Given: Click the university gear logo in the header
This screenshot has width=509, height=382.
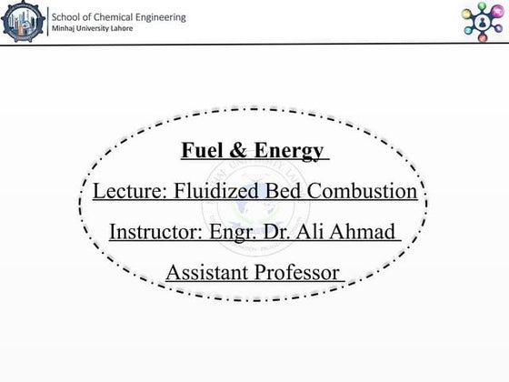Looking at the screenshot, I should coord(23,23).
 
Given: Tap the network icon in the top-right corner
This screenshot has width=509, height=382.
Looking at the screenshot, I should coord(482,20).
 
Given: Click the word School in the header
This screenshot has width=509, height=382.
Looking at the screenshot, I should coord(66,16).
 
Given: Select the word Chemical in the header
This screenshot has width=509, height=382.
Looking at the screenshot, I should coord(117,16).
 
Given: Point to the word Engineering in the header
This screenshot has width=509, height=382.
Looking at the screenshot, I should coord(164,16).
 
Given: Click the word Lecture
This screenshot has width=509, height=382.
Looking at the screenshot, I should coord(126,192).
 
